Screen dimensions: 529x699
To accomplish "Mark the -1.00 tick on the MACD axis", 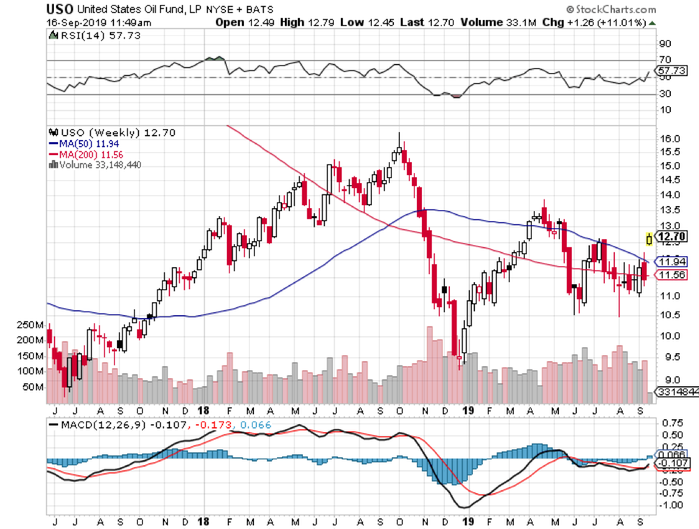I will [x=672, y=505].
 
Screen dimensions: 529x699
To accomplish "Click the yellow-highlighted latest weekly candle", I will [x=649, y=239].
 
